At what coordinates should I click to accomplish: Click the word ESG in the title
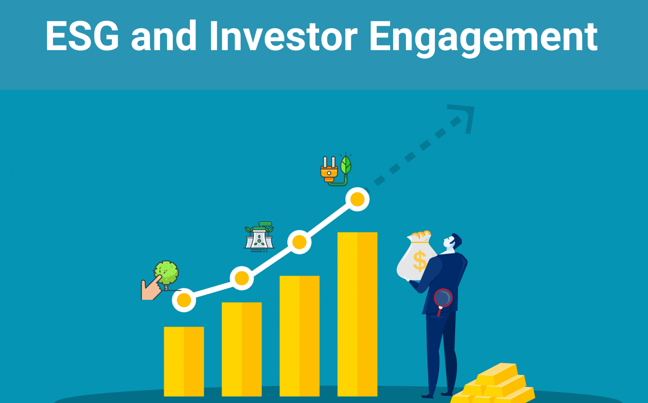pos(82,36)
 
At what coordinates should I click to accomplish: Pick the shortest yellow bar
pos(184,361)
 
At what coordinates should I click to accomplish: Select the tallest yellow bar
pos(357,314)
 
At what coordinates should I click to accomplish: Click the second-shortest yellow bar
pos(242,349)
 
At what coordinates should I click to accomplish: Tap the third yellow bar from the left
pos(300,336)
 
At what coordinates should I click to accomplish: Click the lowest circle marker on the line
pos(184,300)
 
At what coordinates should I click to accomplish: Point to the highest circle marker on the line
pos(357,199)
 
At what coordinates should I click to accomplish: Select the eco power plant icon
pos(259,237)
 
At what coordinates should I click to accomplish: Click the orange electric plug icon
pos(329,170)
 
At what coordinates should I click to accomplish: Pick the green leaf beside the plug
pos(346,165)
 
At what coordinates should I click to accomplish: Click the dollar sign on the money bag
pos(420,261)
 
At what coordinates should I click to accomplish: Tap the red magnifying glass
pos(442,300)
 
